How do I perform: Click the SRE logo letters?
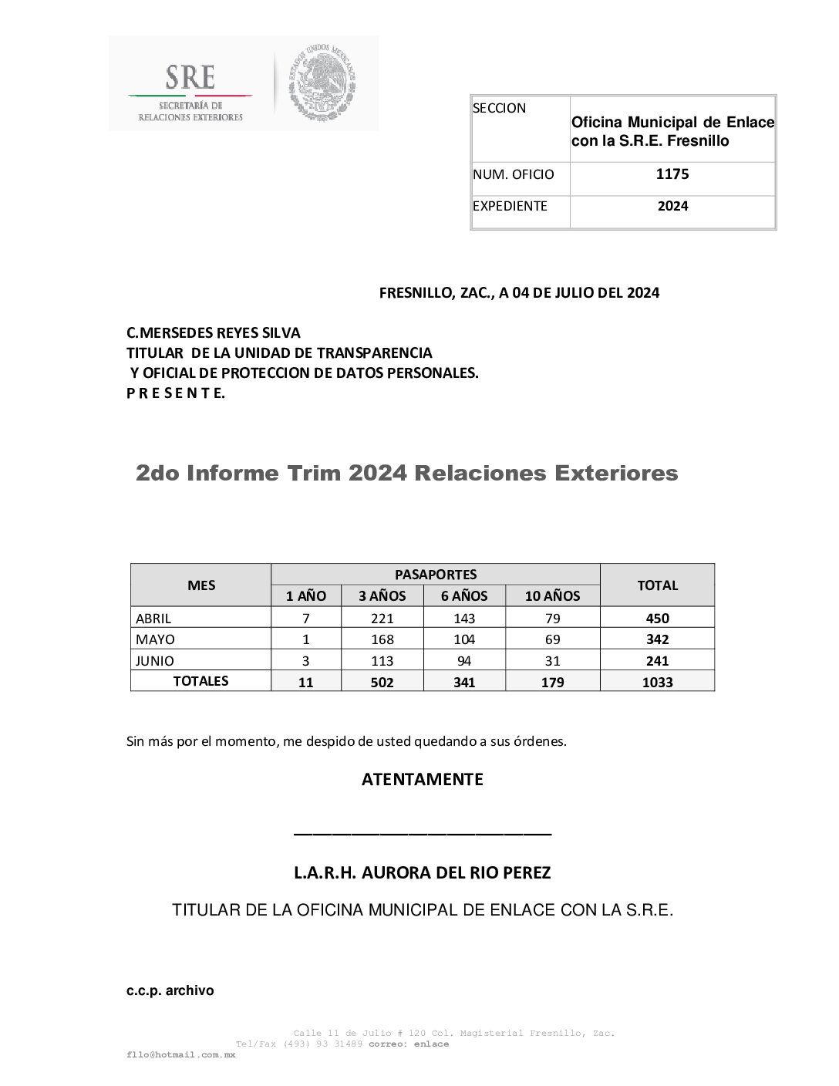[x=190, y=76]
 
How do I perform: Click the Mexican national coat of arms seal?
[x=322, y=82]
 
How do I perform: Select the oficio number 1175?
[x=672, y=174]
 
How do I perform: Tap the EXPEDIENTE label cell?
[x=510, y=206]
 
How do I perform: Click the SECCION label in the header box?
[x=499, y=108]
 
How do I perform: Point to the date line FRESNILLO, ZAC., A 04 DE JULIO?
[x=519, y=293]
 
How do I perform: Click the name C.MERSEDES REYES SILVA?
[x=214, y=333]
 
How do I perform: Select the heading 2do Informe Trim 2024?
[x=406, y=473]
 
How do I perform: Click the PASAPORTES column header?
[x=435, y=574]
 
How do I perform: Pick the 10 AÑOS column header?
[x=552, y=595]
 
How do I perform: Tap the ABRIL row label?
[x=153, y=618]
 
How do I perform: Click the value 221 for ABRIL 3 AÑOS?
[x=382, y=618]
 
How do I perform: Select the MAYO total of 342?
[x=657, y=639]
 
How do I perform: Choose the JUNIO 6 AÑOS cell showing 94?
[x=464, y=661]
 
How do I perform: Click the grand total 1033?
[x=657, y=682]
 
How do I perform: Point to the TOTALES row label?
[x=200, y=681]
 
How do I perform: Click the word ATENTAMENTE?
[x=422, y=779]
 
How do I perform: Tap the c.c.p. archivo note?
[x=170, y=990]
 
